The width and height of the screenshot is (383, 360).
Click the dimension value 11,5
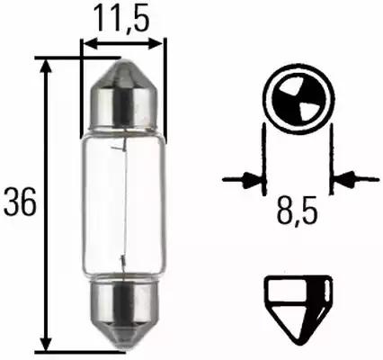pyautogui.click(x=123, y=17)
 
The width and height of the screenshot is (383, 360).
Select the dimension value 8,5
pyautogui.click(x=297, y=215)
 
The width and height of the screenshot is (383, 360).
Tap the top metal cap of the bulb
pyautogui.click(x=123, y=90)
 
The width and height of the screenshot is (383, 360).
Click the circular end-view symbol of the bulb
pyautogui.click(x=296, y=105)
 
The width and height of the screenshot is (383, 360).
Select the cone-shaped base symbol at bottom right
pyautogui.click(x=296, y=303)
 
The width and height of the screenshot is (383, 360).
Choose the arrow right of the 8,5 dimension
pyautogui.click(x=340, y=179)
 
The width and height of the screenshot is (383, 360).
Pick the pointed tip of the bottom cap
pyautogui.click(x=123, y=348)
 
